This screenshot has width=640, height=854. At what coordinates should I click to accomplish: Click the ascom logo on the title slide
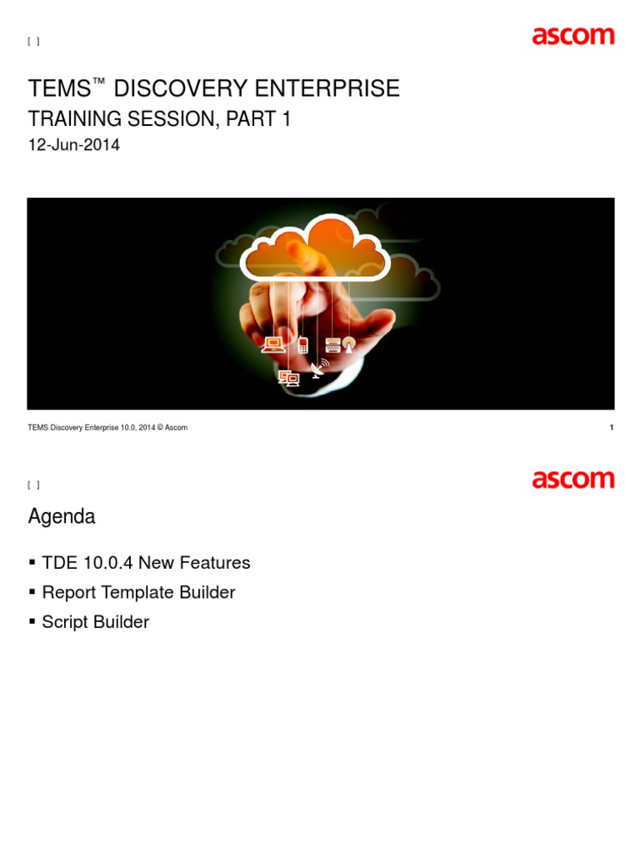pos(572,37)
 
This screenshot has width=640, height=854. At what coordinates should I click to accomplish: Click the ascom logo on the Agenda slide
pos(572,480)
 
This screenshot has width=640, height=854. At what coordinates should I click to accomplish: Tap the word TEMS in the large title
pos(59,89)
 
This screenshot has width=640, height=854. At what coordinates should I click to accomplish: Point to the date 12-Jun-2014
pos(74,145)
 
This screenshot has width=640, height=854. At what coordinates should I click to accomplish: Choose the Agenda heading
pos(62,517)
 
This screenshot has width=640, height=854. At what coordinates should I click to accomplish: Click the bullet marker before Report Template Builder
pos(32,593)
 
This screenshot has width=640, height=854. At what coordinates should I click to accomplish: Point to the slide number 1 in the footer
pos(612,428)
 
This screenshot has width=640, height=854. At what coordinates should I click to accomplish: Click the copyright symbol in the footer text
pos(158,428)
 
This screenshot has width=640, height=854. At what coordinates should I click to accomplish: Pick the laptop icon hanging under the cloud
pos(272,344)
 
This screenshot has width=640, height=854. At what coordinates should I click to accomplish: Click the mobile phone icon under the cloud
pos(302,344)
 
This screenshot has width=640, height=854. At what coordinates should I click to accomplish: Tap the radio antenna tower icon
pos(349,344)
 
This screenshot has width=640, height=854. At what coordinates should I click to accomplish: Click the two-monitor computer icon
pos(288,378)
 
